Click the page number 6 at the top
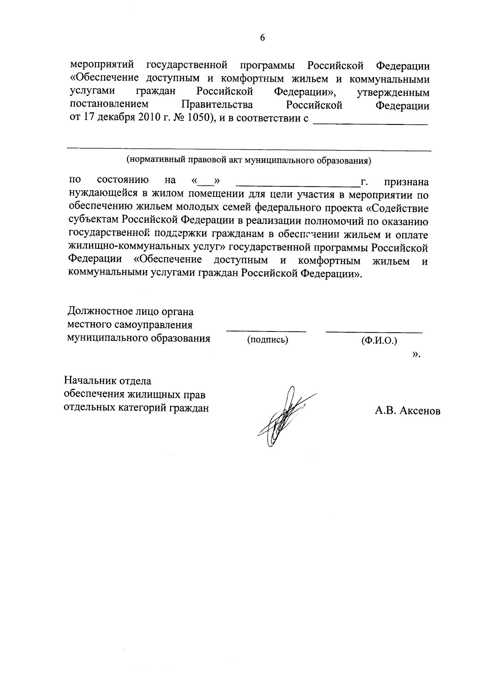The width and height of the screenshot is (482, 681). (x=262, y=38)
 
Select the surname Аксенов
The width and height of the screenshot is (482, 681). (x=419, y=411)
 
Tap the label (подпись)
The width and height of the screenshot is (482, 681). (x=268, y=340)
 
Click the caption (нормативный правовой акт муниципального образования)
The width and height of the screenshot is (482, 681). (x=249, y=161)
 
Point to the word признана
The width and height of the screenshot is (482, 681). (x=406, y=183)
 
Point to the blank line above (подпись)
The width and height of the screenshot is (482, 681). (x=266, y=331)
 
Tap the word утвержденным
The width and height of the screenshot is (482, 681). (x=393, y=93)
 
